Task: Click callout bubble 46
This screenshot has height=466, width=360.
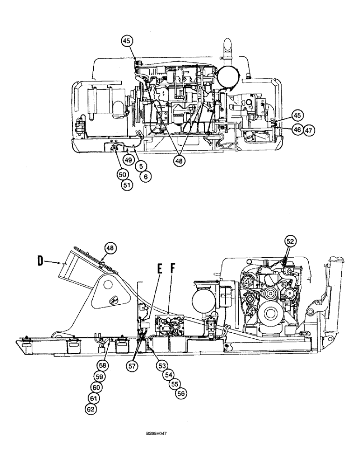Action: point(297,130)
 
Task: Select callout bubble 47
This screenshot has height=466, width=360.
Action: point(308,130)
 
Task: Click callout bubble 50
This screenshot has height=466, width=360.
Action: point(122,174)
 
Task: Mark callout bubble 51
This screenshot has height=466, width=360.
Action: point(127,185)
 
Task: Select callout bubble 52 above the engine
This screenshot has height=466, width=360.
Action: point(291,241)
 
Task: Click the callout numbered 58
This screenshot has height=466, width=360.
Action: point(103,365)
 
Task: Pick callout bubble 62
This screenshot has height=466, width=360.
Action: point(91,409)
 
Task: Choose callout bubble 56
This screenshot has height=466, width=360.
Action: point(180,394)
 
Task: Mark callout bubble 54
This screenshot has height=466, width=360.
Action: point(168,375)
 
